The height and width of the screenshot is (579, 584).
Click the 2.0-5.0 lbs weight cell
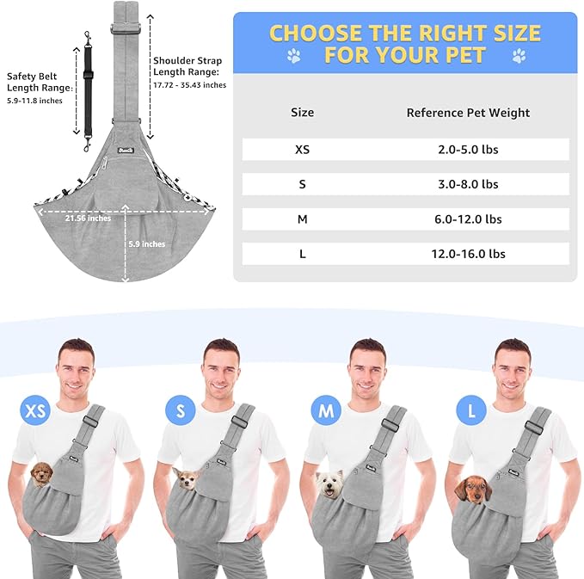point(468,150)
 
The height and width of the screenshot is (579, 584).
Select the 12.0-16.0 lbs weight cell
point(468,254)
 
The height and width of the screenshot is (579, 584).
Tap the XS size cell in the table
point(302,150)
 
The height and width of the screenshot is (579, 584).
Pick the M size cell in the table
point(302,219)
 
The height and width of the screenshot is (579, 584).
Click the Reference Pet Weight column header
point(468,113)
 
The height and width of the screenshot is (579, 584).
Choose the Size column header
point(302,112)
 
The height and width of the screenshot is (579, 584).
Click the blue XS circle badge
point(35,410)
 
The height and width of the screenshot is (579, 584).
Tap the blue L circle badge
point(471,410)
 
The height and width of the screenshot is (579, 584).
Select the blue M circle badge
point(326,410)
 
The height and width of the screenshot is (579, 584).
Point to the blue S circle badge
point(181,410)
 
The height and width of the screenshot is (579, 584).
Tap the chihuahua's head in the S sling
point(187,479)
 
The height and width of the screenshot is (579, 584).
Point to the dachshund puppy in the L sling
point(473,490)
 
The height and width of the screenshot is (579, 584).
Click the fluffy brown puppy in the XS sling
point(41,474)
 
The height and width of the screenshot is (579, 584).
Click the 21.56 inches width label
point(88,219)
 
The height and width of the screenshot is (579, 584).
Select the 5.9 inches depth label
point(147,244)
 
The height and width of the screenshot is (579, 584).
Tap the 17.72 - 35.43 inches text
point(189,85)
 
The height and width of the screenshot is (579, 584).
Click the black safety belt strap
point(88,92)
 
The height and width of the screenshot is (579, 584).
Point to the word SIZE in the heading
point(517,33)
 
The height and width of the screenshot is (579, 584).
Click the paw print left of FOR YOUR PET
point(294,56)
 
